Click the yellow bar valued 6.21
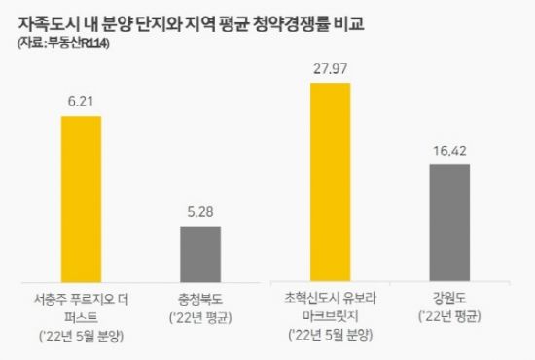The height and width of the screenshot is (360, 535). coord(89,198)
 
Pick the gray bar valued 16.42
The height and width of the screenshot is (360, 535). coord(449,222)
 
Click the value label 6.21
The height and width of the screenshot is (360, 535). coord(89,101)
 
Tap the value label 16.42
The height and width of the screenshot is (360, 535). coord(449,150)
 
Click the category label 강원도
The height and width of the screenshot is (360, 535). coord(449,296)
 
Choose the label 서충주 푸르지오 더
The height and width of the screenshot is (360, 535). coord(89,296)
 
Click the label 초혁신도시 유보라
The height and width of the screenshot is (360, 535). coord(337,296)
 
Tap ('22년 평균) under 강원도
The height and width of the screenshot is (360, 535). coord(449,316)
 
